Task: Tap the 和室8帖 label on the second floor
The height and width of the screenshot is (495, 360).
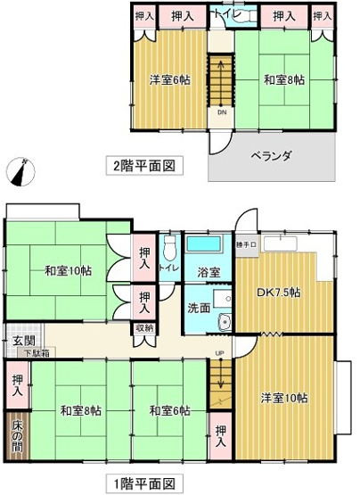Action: [284, 79]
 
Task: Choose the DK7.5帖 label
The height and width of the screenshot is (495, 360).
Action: [278, 292]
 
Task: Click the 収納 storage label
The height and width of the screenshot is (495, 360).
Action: [144, 328]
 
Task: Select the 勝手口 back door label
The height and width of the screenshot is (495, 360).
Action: [247, 243]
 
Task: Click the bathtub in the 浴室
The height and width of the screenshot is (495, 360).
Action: [208, 245]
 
